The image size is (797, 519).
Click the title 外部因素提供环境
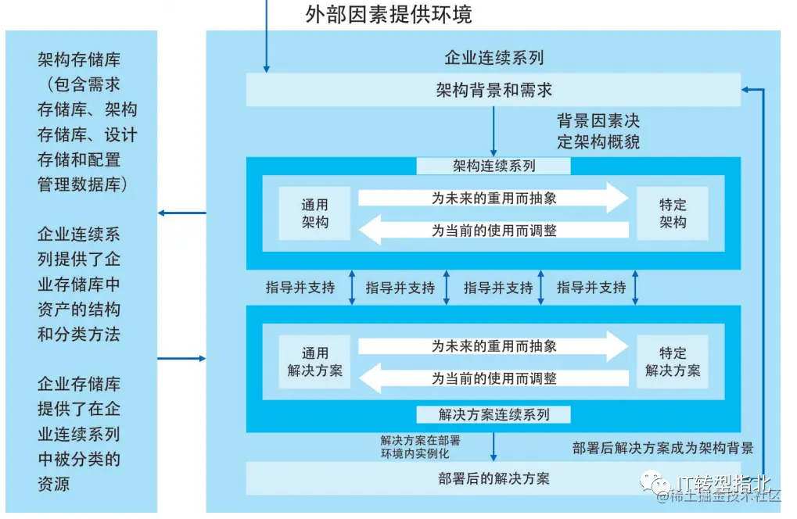388,14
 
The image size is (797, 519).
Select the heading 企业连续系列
494,58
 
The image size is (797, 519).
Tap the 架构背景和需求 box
494,89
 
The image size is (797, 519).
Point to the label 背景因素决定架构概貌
598,131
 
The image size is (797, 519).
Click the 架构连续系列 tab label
494,166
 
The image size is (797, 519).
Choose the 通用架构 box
314,213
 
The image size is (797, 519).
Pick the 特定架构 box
672,213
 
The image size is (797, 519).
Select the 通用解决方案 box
314,361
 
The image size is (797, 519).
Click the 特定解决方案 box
672,361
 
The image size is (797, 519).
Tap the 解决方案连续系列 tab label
494,414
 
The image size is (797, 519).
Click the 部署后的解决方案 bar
494,478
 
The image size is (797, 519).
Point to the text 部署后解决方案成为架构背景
662,448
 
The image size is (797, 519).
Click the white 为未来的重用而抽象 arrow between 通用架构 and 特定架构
494,199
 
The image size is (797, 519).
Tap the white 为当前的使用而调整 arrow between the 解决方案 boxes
494,378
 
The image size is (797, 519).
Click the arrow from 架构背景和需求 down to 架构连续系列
494,131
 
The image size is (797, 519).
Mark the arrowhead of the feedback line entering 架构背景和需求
745,89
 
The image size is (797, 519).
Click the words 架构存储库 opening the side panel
79,60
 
